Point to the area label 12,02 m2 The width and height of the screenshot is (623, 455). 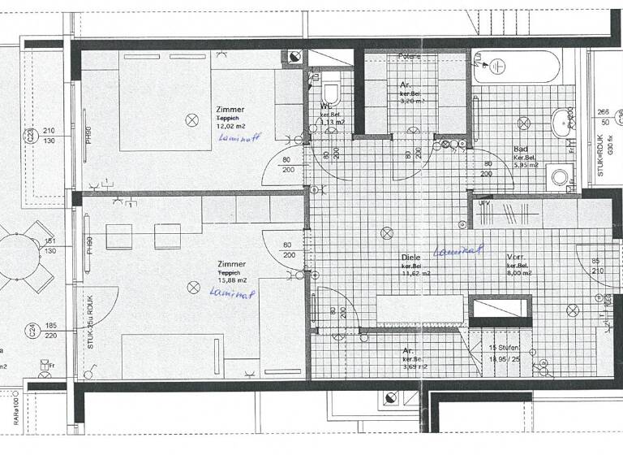click(230, 126)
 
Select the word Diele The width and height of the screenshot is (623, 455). click(410, 256)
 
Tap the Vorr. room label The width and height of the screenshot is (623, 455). click(517, 256)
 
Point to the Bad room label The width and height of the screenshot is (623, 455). click(522, 149)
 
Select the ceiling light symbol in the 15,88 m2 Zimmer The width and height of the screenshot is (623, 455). click(193, 287)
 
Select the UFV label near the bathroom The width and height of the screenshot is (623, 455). click(485, 202)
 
